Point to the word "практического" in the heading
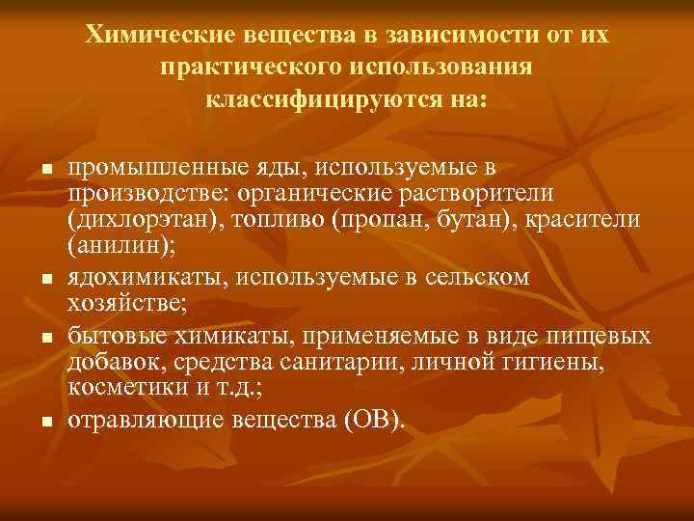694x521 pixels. (x=245, y=67)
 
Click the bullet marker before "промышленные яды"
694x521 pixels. (x=45, y=170)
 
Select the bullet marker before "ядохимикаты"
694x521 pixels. (x=45, y=280)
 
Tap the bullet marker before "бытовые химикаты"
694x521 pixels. (x=45, y=339)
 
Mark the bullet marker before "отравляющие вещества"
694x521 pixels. (x=45, y=423)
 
